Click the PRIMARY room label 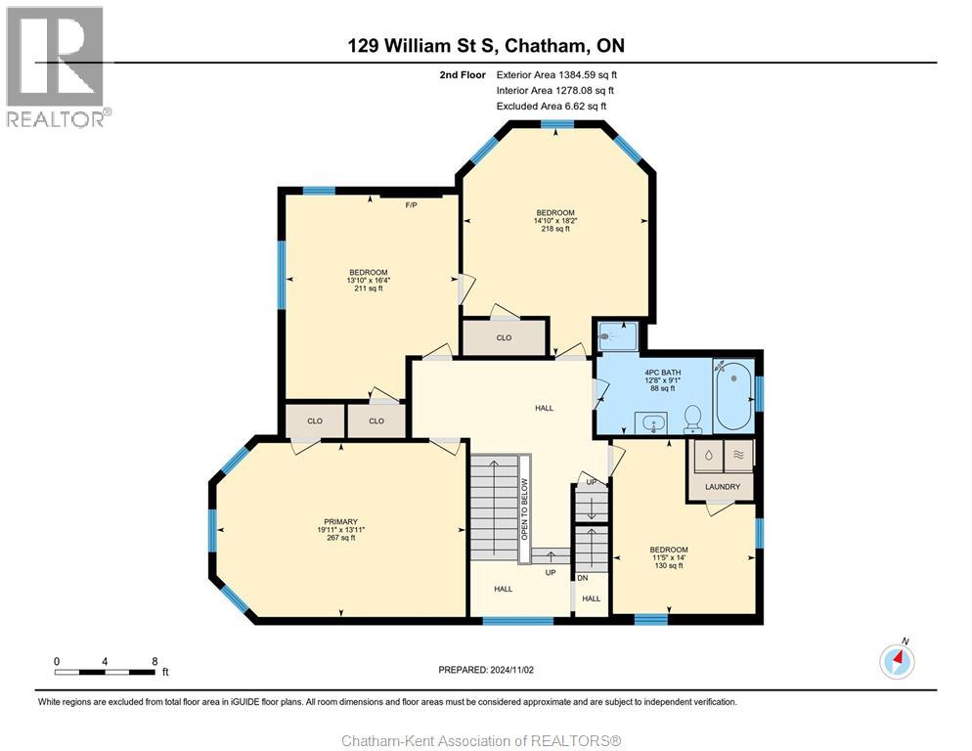coord(340,521)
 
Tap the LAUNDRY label coord(722,486)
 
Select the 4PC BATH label coord(662,373)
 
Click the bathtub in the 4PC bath coord(733,396)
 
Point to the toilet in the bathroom coord(693,419)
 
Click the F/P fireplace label coord(412,205)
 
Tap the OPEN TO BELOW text coord(524,509)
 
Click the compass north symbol coord(896,661)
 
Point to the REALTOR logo coord(57,67)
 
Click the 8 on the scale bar coord(155,661)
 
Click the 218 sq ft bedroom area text coord(554,229)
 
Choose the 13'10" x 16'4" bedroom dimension coord(369,281)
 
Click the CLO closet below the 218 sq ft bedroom coord(504,337)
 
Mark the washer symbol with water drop coord(707,455)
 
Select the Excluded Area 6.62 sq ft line coord(552,106)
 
